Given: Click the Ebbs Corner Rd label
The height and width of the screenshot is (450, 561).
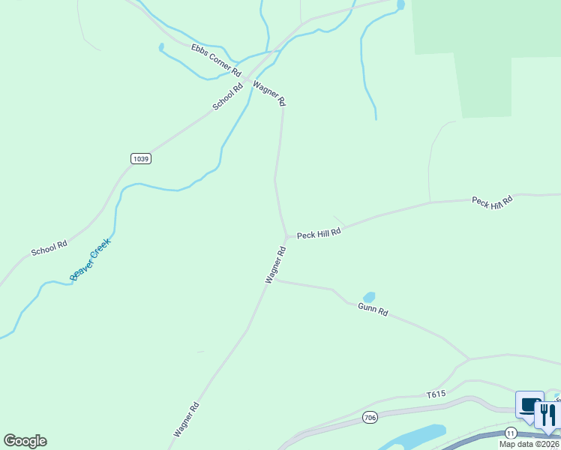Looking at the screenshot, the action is coord(216,61).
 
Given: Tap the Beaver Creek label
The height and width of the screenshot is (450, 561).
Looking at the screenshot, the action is coord(90,259).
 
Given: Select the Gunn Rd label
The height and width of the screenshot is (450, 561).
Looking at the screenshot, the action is coord(373,307).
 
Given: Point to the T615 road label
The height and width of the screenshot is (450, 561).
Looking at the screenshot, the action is coord(436,394).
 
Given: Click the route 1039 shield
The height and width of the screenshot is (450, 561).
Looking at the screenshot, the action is coord(140,158).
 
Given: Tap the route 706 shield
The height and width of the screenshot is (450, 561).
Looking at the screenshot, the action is coord(369,417).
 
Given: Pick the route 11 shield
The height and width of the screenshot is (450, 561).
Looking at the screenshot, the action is coord(510,433).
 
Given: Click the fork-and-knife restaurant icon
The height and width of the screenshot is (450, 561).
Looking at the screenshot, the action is coord(548,414).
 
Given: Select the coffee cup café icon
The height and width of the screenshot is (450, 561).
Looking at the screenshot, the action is coord(529,406).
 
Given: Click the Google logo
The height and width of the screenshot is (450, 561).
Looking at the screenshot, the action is coord(25,441).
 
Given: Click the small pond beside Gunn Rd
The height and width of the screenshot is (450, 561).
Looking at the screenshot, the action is coord(369,297).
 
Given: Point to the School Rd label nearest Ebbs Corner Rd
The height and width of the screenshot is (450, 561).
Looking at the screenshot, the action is coord(228,97).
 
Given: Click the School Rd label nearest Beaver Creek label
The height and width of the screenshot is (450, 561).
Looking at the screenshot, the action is coord(49,248).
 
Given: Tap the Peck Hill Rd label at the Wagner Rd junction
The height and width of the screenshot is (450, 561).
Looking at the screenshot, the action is coord(319,234).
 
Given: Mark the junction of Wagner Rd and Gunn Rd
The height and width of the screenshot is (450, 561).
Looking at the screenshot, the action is coord(274,281).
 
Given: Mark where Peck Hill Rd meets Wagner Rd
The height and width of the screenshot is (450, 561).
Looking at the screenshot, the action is coord(286,236).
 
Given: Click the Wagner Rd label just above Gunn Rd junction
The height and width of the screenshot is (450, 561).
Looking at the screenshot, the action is coord(276,265).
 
